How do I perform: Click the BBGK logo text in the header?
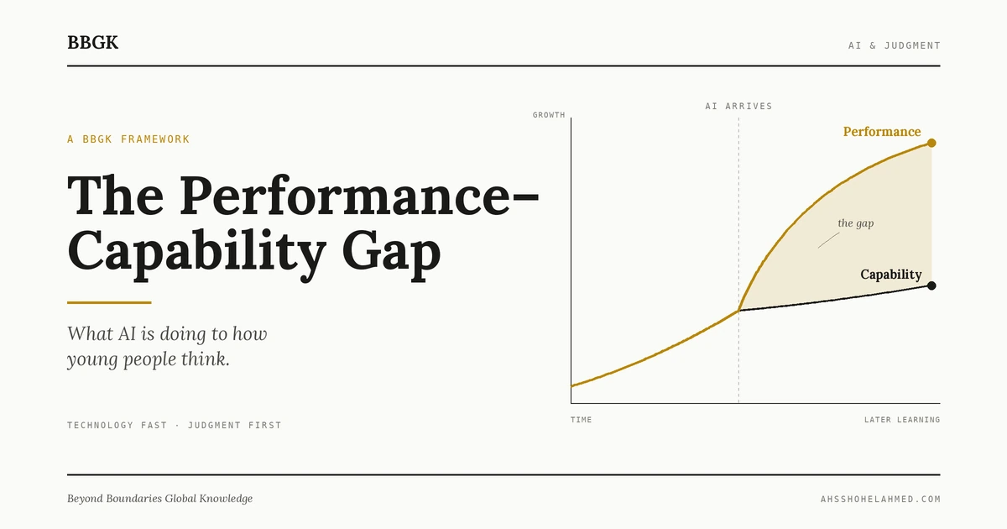pos(92,43)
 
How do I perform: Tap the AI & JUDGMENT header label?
pos(894,45)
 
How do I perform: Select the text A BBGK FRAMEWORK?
pos(128,139)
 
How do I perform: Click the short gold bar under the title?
pos(109,302)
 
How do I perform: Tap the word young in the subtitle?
pos(93,360)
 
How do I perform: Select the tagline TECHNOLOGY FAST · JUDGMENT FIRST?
pos(174,426)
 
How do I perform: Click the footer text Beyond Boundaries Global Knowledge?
pos(159,499)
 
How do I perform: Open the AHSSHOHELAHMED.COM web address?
pos(880,500)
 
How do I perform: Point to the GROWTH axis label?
pos(549,115)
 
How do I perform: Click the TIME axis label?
pos(581,420)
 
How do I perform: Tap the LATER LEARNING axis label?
pos(901,420)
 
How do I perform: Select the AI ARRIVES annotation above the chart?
pos(738,107)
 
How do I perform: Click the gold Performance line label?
pos(881,132)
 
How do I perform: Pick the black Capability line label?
pos(890,275)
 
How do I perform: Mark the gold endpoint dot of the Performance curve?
pos(931,144)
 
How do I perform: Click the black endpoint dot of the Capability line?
pos(931,285)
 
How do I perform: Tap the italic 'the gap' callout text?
pos(856,223)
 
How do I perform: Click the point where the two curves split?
pos(738,311)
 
